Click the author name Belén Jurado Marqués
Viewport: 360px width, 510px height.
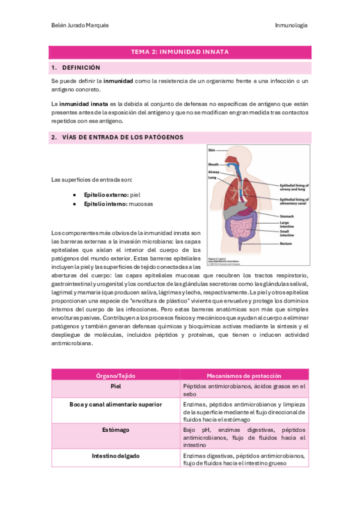pyautogui.click(x=81, y=25)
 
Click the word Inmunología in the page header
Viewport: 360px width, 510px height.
pyautogui.click(x=291, y=25)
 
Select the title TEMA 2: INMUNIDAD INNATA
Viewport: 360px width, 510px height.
pyautogui.click(x=180, y=52)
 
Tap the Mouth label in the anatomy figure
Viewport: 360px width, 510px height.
pyautogui.click(x=213, y=164)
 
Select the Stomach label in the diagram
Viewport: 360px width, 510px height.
pyautogui.click(x=288, y=216)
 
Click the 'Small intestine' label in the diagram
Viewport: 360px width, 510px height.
pyautogui.click(x=287, y=233)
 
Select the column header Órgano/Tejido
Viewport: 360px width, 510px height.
pyautogui.click(x=116, y=375)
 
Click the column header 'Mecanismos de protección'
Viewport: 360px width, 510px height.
pyautogui.click(x=244, y=375)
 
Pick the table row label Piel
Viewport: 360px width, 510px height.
pyautogui.click(x=116, y=386)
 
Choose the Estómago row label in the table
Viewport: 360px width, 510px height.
pyautogui.click(x=116, y=430)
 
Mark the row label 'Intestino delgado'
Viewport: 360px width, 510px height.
pyautogui.click(x=116, y=456)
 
